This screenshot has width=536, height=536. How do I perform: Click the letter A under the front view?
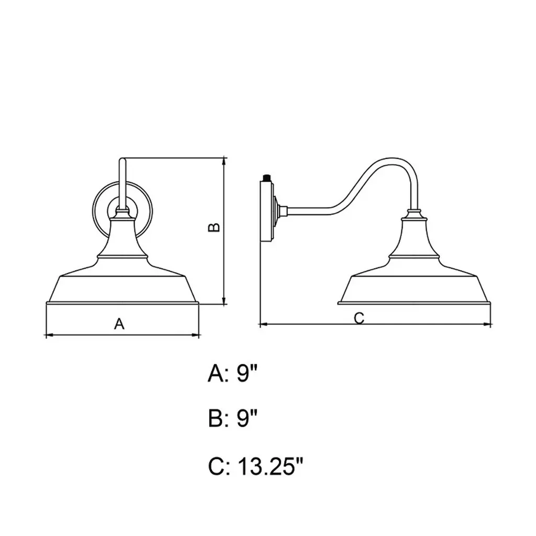[119, 323]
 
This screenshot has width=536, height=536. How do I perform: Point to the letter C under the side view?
[359, 318]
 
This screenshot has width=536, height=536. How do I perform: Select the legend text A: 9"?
[232, 374]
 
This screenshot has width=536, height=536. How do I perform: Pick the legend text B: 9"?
[232, 418]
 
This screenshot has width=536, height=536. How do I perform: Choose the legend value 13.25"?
[271, 466]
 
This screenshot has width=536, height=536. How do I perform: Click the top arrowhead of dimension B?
[224, 161]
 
